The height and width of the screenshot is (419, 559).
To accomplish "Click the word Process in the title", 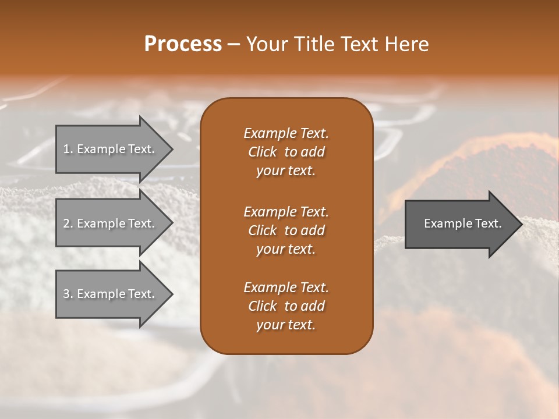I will (x=183, y=44).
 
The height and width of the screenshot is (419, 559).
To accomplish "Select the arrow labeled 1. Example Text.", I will (x=111, y=149).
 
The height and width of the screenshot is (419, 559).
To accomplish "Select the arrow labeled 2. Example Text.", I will (x=111, y=223).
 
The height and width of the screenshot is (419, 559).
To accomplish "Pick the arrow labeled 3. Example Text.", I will (x=111, y=294).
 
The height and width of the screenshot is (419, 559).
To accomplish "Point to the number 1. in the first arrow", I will (x=68, y=149).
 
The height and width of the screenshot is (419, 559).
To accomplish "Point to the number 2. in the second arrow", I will (x=68, y=223).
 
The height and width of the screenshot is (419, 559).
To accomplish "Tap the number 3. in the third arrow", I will (x=68, y=294).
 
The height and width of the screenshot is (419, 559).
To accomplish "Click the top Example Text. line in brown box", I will (x=286, y=133).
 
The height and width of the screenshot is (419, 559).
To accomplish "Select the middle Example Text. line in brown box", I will (x=286, y=211).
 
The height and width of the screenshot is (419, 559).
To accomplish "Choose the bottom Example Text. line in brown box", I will (x=286, y=287).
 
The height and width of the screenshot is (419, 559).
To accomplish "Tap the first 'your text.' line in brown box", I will (x=286, y=171).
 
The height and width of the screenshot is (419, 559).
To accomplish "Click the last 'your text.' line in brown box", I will (x=286, y=325).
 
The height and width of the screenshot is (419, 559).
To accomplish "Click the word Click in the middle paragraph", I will (x=262, y=230).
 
